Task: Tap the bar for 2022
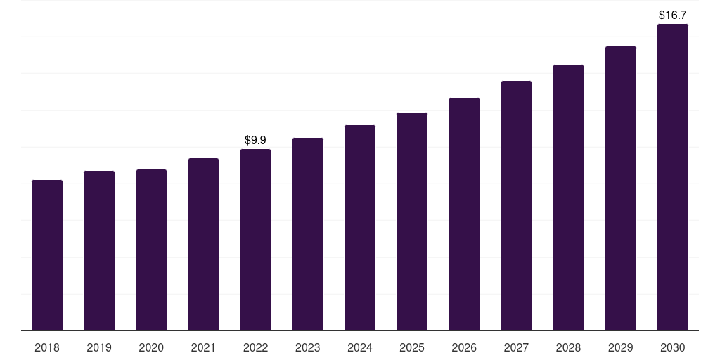pyautogui.click(x=255, y=240)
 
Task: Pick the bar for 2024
pyautogui.click(x=360, y=228)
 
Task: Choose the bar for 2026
pyautogui.click(x=464, y=214)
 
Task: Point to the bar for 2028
pyautogui.click(x=568, y=198)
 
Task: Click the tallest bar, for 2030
pyautogui.click(x=672, y=177)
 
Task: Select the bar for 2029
pyautogui.click(x=620, y=188)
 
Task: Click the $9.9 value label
pyautogui.click(x=255, y=141)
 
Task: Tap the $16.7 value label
pyautogui.click(x=672, y=15)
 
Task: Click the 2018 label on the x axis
pyautogui.click(x=47, y=347)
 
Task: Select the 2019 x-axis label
pyautogui.click(x=99, y=347)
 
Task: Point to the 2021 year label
pyautogui.click(x=203, y=347)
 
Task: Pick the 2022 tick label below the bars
pyautogui.click(x=255, y=347)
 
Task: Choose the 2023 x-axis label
pyautogui.click(x=307, y=347)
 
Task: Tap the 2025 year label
pyautogui.click(x=412, y=347)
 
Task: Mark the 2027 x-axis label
pyautogui.click(x=516, y=347)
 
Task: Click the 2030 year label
pyautogui.click(x=672, y=347)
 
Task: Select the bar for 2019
pyautogui.click(x=99, y=250)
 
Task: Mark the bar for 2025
pyautogui.click(x=412, y=221)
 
